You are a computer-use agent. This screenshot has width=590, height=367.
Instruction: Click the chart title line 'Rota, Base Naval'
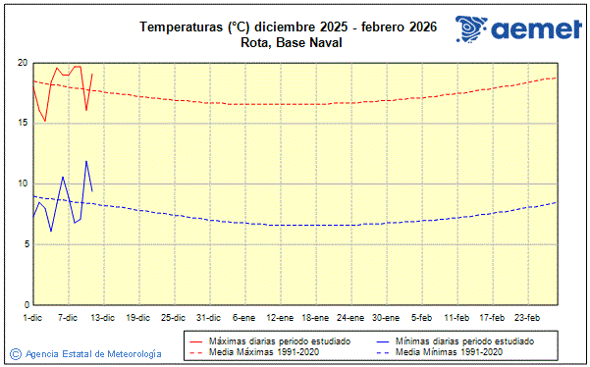pos(289,42)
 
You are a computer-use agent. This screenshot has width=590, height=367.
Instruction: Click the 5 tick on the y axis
pos(25,244)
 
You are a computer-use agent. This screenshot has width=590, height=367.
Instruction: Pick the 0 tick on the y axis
pos(25,305)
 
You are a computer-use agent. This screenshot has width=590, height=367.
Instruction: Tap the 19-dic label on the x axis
pos(137,318)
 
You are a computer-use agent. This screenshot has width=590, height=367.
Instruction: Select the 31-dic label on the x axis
pos(207,318)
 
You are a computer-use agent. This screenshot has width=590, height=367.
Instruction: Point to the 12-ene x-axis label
pos(280,318)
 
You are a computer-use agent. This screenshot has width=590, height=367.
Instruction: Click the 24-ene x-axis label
pos(350,318)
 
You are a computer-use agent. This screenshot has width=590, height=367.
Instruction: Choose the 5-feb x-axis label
pos(422,318)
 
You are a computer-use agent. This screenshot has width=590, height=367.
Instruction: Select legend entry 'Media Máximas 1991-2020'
pos(257,351)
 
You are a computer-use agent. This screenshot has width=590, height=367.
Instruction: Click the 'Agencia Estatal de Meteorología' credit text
pos(93,353)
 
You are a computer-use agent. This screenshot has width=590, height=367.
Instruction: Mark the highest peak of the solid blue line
pos(86,161)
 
